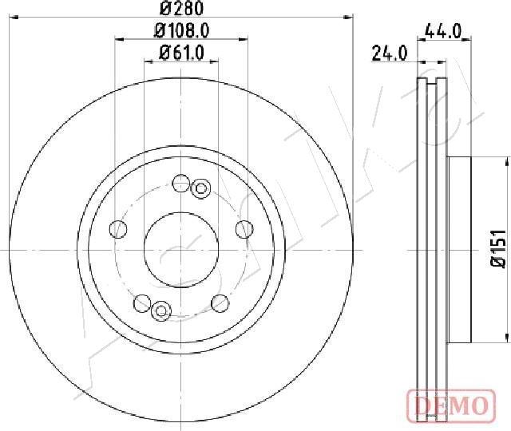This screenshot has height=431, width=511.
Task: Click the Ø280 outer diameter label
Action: coord(182,8)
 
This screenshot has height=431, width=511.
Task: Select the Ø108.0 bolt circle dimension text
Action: coord(181,31)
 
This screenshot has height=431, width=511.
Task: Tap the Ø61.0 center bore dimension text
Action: coord(181,53)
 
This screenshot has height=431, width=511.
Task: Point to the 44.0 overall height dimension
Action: coord(444,32)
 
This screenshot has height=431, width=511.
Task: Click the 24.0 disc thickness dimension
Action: coord(390,53)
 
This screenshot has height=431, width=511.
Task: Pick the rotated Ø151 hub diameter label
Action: coord(498,248)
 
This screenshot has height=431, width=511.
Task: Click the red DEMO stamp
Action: coord(451,405)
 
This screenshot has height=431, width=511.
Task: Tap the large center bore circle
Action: coord(181,213)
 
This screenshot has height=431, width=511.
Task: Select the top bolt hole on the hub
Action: coord(180,184)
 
